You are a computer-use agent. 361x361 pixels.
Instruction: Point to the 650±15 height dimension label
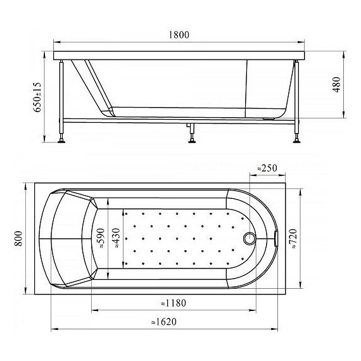point(37,96)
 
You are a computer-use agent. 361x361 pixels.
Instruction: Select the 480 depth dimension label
point(337,84)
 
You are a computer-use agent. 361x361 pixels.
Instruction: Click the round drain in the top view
point(250,239)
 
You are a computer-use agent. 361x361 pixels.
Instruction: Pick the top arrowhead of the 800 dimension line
point(25,186)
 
